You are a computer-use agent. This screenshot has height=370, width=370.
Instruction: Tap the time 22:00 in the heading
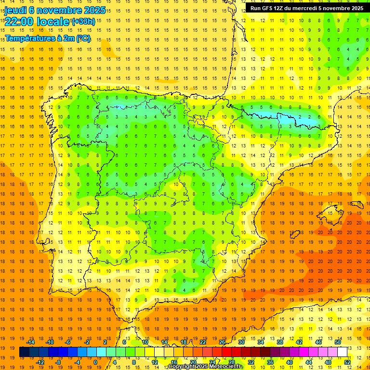pos(19,21)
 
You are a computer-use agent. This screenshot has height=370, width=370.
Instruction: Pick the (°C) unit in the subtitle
pos(82,38)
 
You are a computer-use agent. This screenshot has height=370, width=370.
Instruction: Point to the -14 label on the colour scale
pos(31,342)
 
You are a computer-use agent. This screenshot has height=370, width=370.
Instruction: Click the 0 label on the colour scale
pos(95,362)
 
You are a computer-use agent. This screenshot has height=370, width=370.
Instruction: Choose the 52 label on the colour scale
pos(347,362)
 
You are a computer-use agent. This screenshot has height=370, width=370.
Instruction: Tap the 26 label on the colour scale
pos(222,342)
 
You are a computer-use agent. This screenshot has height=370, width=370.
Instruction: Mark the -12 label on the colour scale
pos(40,362)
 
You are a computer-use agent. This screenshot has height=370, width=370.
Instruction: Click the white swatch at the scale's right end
pos(342,352)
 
